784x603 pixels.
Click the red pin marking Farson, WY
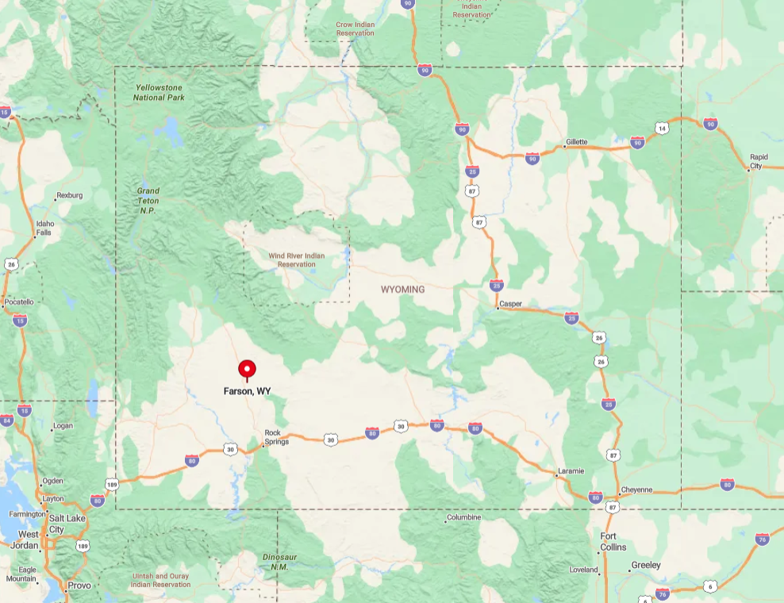click(x=247, y=369)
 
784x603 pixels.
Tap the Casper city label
click(x=510, y=303)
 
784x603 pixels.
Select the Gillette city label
click(x=576, y=142)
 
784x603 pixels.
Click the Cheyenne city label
click(x=636, y=490)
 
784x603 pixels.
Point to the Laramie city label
click(x=571, y=470)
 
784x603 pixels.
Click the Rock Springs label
click(x=276, y=437)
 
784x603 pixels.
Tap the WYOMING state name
click(x=402, y=290)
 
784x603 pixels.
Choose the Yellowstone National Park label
click(x=159, y=92)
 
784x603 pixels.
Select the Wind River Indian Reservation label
click(x=296, y=259)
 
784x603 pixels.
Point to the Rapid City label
click(x=758, y=162)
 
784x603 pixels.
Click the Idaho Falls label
click(x=44, y=229)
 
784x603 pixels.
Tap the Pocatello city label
click(x=19, y=301)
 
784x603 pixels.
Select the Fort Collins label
click(x=613, y=542)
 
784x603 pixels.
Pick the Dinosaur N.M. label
click(x=279, y=562)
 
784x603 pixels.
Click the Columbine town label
click(x=464, y=517)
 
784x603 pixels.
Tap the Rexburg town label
click(x=69, y=195)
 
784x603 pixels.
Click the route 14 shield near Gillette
click(x=661, y=128)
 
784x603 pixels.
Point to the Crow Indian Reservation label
click(x=355, y=29)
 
